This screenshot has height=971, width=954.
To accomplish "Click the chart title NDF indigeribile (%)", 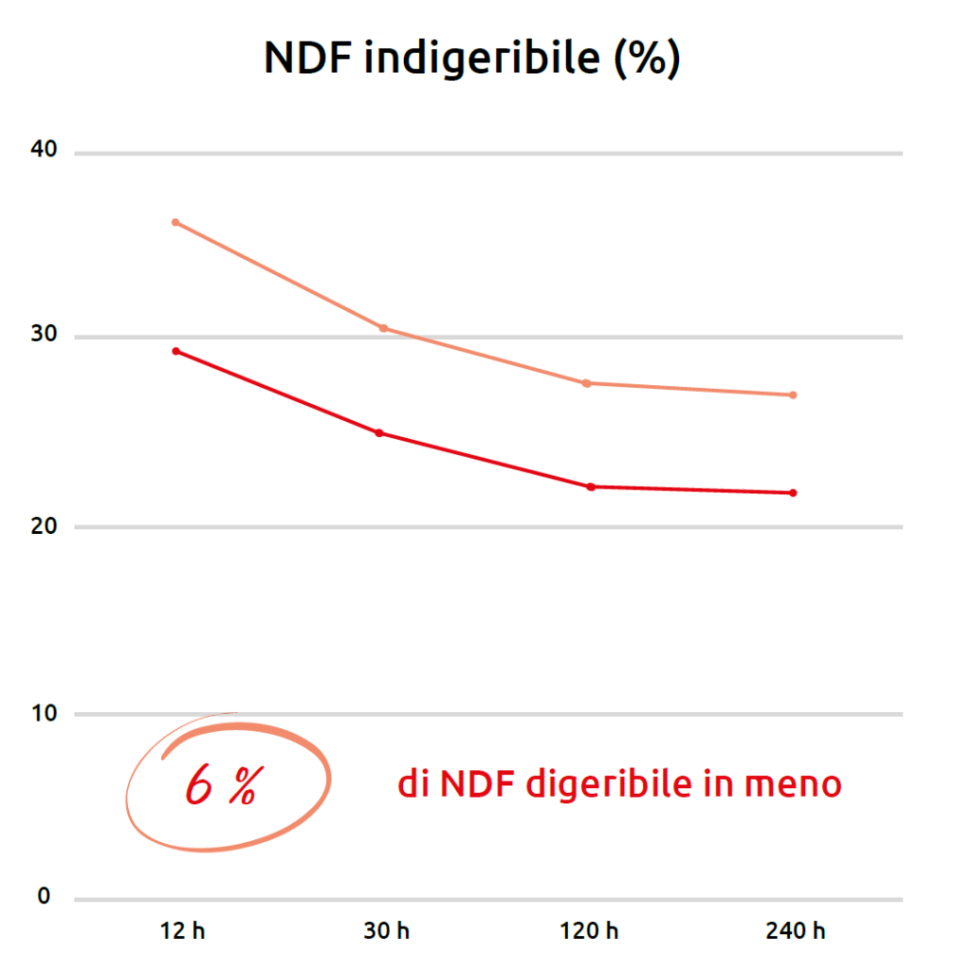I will pyautogui.click(x=471, y=59).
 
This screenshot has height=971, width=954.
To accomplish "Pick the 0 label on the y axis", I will pyautogui.click(x=44, y=897).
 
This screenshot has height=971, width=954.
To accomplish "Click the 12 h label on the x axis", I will pyautogui.click(x=181, y=930).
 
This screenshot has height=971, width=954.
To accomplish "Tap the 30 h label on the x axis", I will pyautogui.click(x=387, y=930).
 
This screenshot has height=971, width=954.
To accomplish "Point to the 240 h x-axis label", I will pyautogui.click(x=796, y=930).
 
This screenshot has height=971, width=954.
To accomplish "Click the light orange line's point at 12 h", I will pyautogui.click(x=175, y=222).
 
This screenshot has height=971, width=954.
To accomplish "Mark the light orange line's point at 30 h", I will pyautogui.click(x=383, y=328).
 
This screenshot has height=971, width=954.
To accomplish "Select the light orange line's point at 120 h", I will pyautogui.click(x=587, y=383).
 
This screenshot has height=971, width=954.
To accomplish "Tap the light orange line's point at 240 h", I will pyautogui.click(x=793, y=394).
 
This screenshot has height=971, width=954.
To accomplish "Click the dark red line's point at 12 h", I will pyautogui.click(x=175, y=351).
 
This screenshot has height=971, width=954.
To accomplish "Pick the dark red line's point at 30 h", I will pyautogui.click(x=379, y=433).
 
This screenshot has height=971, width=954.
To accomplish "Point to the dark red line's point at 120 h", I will pyautogui.click(x=591, y=486).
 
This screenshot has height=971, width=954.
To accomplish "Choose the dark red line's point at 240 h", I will pyautogui.click(x=793, y=493).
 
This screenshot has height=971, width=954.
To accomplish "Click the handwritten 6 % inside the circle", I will pyautogui.click(x=220, y=786).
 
